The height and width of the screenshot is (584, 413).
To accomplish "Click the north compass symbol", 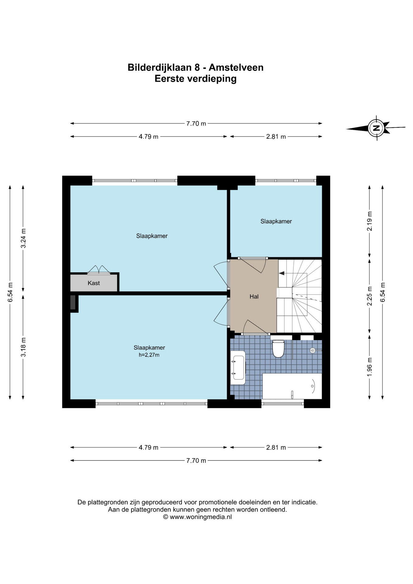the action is (376, 128).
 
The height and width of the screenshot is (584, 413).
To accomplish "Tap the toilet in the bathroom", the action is (278, 348).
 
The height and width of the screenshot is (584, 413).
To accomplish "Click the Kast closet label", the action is (94, 283).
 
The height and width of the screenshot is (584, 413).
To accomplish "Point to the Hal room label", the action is (254, 296).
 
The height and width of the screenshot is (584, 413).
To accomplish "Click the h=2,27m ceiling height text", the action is (149, 355).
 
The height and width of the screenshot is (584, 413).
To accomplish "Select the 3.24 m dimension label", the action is (23, 238).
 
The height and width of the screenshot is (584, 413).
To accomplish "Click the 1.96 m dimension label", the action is (370, 367).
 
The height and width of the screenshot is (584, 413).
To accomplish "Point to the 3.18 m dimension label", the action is (23, 347).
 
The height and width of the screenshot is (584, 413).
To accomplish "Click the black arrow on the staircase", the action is (282, 273).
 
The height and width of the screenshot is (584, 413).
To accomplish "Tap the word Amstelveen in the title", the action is (236, 67).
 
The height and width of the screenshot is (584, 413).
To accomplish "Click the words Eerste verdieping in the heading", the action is (196, 79).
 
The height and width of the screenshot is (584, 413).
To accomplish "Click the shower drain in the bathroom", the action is (313, 350).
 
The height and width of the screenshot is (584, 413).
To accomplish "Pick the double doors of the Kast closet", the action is (99, 269).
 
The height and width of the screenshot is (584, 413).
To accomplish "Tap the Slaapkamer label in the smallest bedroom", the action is (276, 221).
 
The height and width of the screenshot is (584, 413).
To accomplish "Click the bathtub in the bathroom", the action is (292, 386).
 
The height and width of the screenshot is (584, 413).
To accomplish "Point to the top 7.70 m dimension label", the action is (196, 123).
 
